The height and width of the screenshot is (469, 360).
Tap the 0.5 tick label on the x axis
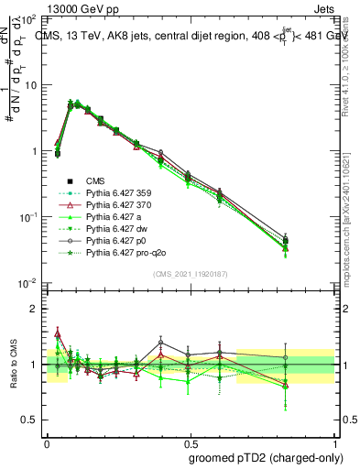point(190,441)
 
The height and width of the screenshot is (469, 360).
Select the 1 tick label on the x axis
point(332,441)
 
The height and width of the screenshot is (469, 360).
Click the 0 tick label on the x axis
point(47,441)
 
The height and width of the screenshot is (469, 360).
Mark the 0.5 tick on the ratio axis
point(30,420)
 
